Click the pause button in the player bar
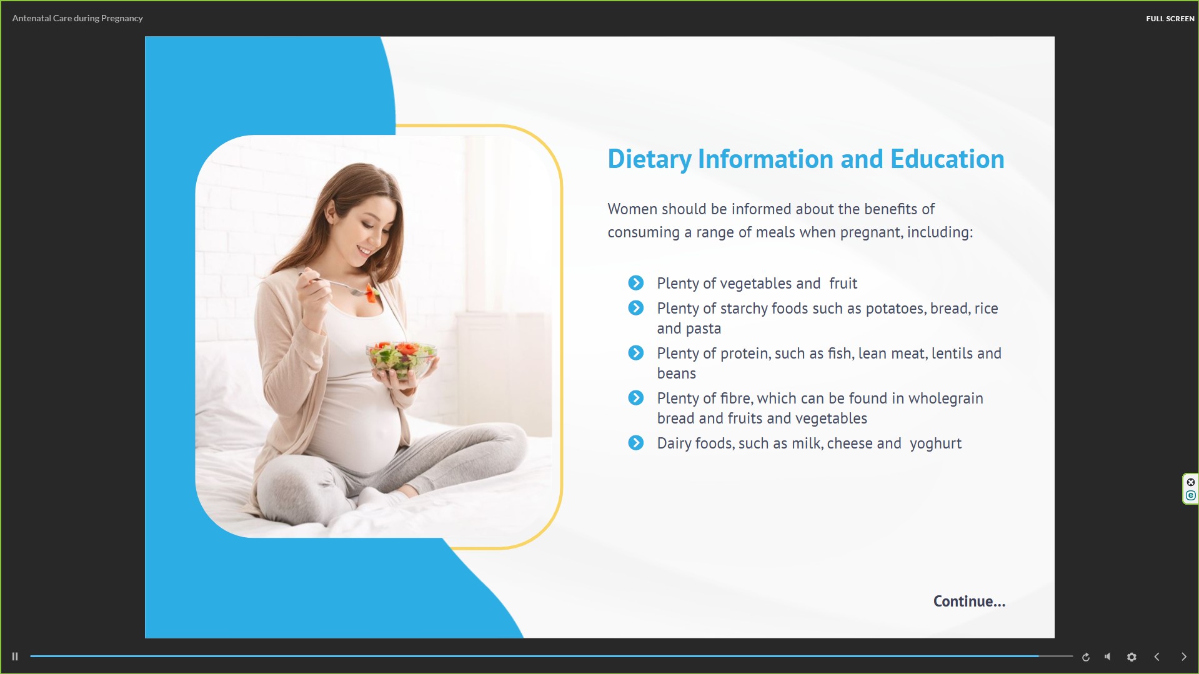tap(15, 657)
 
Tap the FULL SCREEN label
tap(1170, 19)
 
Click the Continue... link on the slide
tap(969, 601)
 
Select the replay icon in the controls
tap(1086, 657)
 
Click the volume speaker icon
tap(1108, 657)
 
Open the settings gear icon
tap(1132, 657)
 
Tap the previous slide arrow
tap(1157, 657)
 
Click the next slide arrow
tap(1183, 657)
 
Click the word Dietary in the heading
tap(650, 159)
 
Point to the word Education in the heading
tap(947, 159)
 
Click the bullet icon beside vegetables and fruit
tap(636, 283)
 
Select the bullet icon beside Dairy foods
tap(636, 443)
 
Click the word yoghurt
tap(935, 444)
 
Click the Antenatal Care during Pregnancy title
tap(77, 18)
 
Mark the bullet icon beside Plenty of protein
tap(636, 353)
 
